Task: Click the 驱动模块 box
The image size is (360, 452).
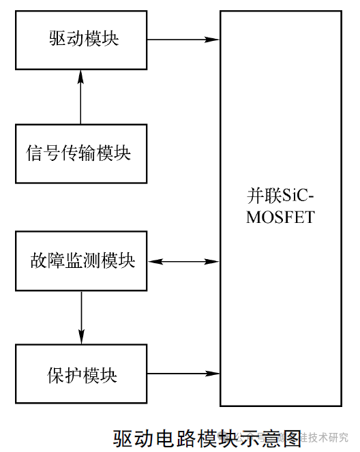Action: [80, 39]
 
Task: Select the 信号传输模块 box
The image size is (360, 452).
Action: [80, 153]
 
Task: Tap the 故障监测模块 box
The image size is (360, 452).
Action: [80, 261]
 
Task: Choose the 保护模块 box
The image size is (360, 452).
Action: [80, 374]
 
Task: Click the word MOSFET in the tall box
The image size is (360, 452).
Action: [281, 217]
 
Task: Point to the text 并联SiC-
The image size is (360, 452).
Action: [281, 198]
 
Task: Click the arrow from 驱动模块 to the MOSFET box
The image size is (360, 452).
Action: [183, 39]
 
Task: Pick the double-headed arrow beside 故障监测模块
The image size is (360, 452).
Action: [183, 261]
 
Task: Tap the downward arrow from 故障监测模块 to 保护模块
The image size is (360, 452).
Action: [81, 317]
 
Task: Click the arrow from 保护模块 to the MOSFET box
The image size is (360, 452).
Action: [183, 374]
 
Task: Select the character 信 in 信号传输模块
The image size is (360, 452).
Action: [35, 153]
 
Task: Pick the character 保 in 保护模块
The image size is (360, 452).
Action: [57, 374]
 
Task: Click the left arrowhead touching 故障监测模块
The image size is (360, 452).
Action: [153, 261]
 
